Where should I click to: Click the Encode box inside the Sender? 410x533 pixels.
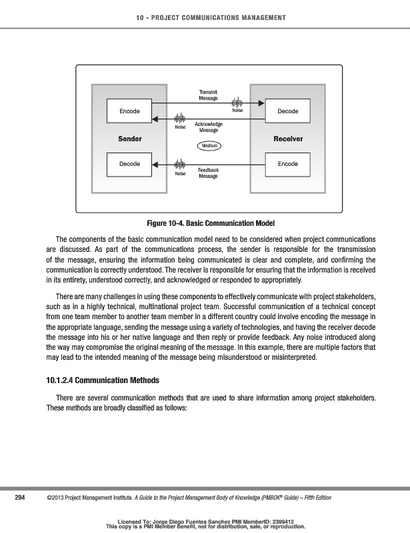pyautogui.click(x=129, y=111)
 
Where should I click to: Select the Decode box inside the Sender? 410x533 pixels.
pyautogui.click(x=129, y=163)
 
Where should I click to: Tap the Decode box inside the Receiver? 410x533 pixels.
pyautogui.click(x=288, y=111)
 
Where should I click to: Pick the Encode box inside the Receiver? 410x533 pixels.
pyautogui.click(x=288, y=163)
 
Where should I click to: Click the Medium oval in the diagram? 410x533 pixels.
pyautogui.click(x=209, y=145)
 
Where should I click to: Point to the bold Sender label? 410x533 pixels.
pyautogui.click(x=129, y=139)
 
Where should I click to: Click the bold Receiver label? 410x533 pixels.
pyautogui.click(x=288, y=139)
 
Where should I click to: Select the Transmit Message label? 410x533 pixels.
pyautogui.click(x=209, y=95)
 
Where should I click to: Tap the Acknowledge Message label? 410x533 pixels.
pyautogui.click(x=209, y=127)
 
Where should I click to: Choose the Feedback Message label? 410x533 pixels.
pyautogui.click(x=209, y=173)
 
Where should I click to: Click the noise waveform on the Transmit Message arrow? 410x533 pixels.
pyautogui.click(x=237, y=103)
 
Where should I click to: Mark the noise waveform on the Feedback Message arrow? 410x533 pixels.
pyautogui.click(x=179, y=163)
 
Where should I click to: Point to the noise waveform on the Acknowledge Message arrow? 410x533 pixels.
pyautogui.click(x=179, y=119)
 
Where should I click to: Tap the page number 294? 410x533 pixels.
pyautogui.click(x=20, y=498)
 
